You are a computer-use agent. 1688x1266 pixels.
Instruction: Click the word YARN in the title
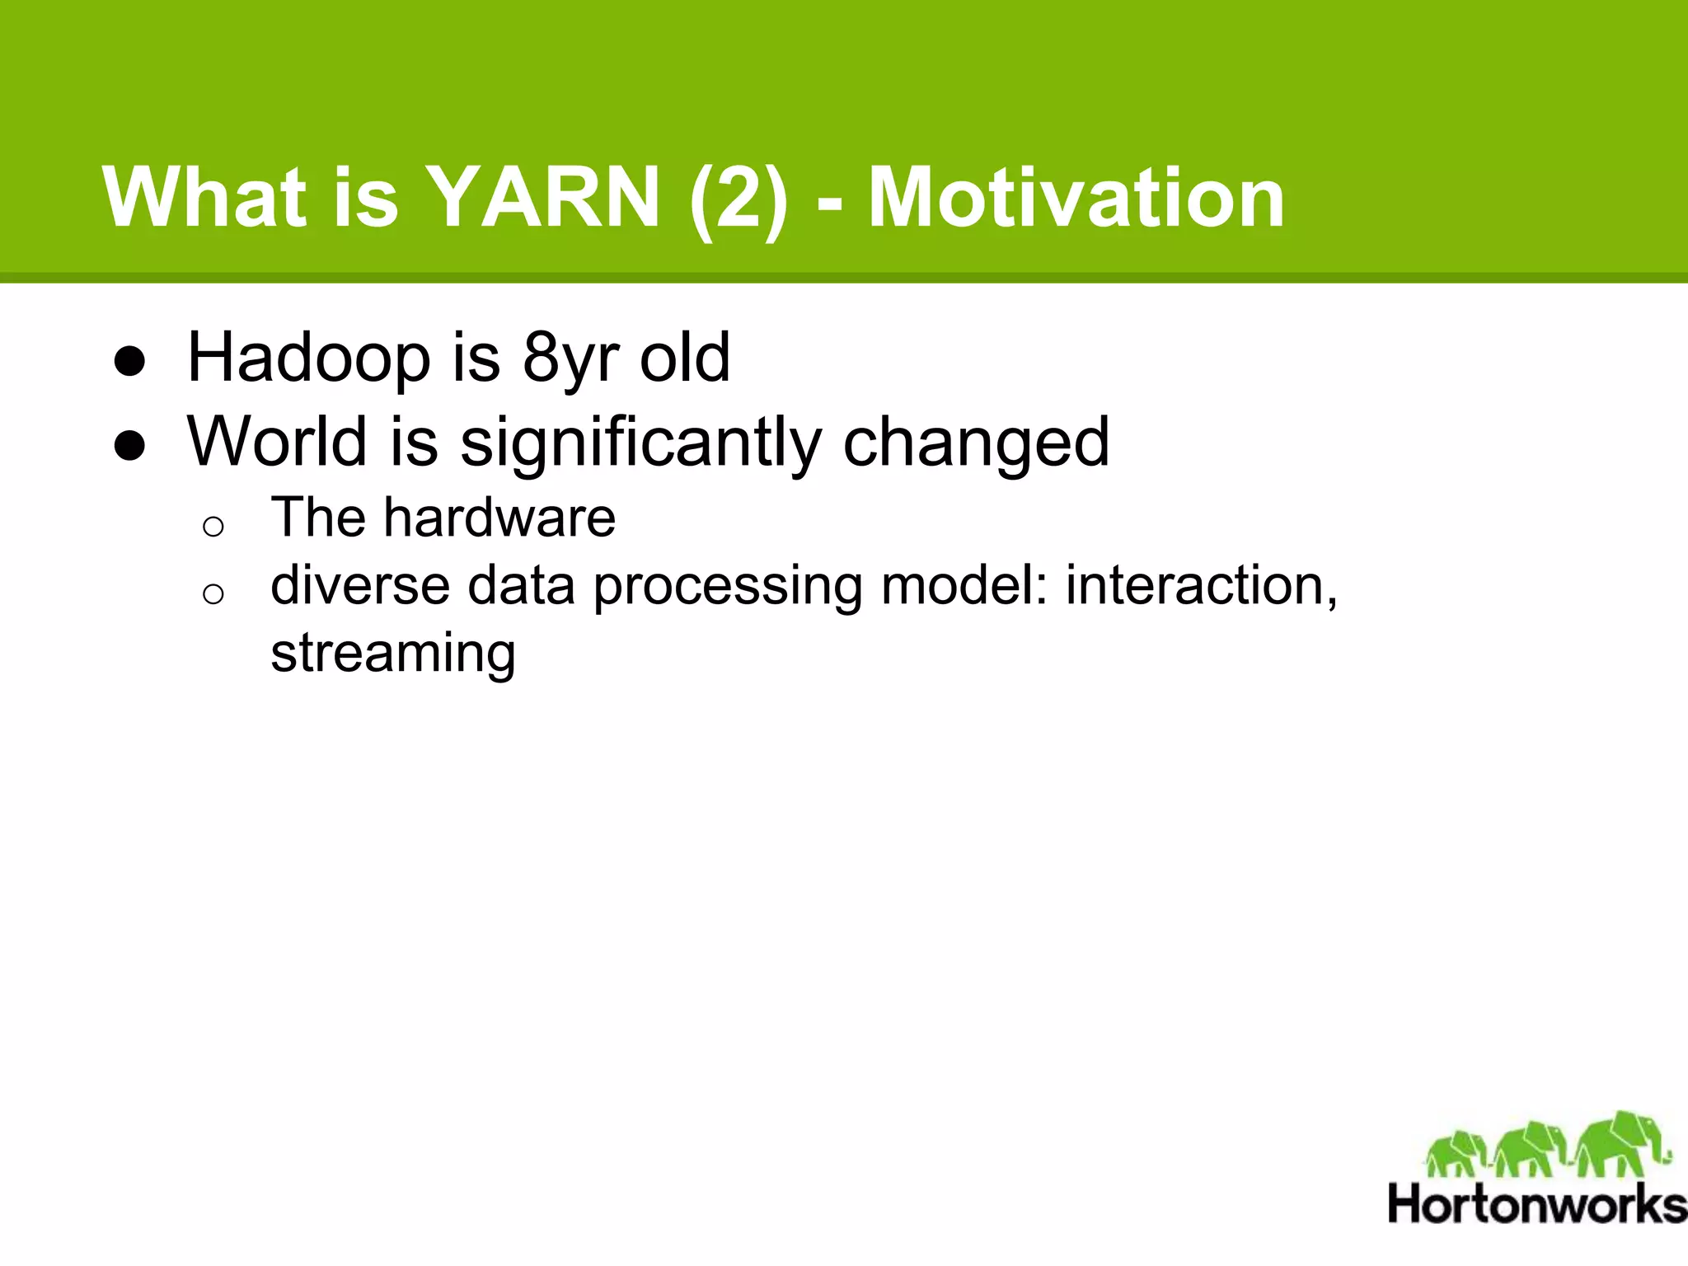point(545,198)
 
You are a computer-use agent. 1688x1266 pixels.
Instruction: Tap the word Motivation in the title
point(1076,198)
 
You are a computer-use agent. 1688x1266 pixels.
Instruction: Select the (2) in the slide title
point(738,198)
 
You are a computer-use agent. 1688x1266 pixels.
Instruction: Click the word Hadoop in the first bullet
point(309,359)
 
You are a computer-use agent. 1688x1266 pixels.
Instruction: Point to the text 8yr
point(570,359)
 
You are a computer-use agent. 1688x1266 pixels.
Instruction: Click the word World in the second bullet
point(277,442)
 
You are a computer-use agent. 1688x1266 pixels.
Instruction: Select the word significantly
point(640,443)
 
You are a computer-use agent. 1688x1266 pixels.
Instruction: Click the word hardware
point(499,518)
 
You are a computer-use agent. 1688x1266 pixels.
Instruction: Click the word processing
point(728,587)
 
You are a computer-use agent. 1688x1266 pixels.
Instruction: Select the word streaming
point(393,654)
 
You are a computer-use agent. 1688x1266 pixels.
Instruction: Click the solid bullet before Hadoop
point(130,362)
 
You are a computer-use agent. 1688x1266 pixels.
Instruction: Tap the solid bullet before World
point(130,446)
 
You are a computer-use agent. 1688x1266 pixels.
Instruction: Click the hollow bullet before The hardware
point(213,526)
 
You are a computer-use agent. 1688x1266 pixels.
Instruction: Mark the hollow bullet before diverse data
point(213,593)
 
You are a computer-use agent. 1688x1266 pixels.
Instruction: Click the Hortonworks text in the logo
point(1537,1204)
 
